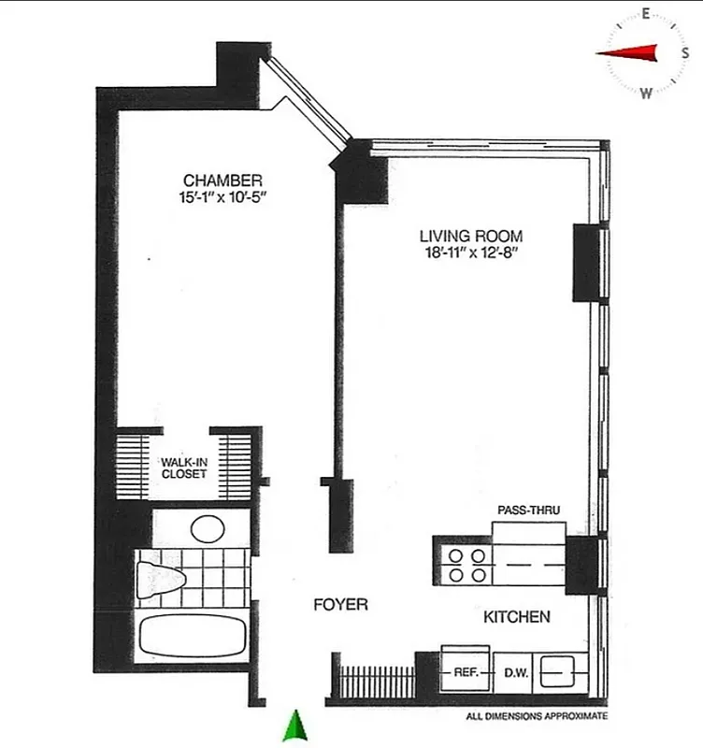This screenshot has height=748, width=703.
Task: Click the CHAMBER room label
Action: coord(222,180)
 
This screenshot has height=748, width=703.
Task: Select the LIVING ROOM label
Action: coord(470,237)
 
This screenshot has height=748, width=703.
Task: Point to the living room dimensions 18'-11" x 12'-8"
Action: coord(471,253)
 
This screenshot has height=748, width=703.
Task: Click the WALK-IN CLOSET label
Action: coord(184,467)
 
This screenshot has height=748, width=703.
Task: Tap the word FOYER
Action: coord(340,605)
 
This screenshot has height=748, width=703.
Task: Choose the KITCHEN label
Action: coord(516,617)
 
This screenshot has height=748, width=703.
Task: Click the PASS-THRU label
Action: coord(528,510)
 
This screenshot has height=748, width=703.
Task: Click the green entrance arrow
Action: coord(296,726)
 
